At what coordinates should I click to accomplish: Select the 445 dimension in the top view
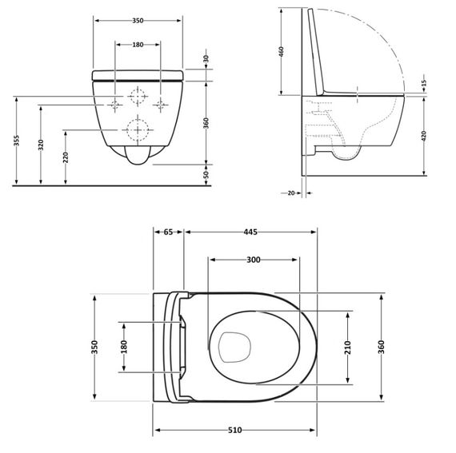(250, 232)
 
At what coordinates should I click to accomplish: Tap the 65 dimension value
(168, 232)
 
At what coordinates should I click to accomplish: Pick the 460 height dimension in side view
(282, 53)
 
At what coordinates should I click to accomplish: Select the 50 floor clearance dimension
(206, 174)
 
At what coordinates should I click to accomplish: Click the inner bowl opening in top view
(235, 347)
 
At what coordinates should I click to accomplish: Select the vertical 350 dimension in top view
(94, 347)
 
